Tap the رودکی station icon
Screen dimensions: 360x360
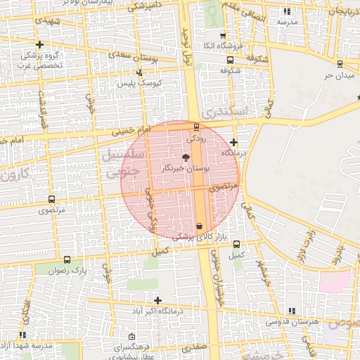[196, 128]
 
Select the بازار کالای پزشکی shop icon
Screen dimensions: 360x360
[200, 226]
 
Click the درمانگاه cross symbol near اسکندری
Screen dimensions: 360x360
[233, 143]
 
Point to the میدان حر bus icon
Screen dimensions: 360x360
[340, 61]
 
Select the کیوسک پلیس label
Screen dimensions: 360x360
[141, 82]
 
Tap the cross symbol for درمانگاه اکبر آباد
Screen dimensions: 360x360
[157, 301]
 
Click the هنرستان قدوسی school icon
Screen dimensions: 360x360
[292, 311]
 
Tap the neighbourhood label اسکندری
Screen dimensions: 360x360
[224, 111]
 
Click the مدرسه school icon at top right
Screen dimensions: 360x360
[286, 12]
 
